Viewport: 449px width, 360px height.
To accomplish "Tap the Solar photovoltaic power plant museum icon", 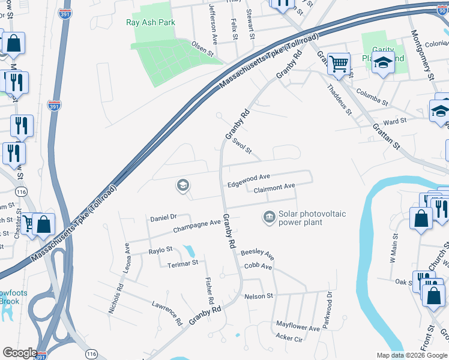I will coord(269,216).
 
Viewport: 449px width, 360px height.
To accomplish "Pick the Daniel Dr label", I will coord(163,217).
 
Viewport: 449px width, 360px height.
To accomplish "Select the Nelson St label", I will coord(259,296).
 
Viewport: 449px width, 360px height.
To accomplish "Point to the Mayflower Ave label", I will coord(298,327).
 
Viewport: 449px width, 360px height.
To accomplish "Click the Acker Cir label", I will coord(289,338).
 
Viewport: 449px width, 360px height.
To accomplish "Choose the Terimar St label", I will coord(183,263).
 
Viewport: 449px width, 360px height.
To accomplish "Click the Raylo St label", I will coord(160,249).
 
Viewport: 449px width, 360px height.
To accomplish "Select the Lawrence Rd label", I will coord(167,313).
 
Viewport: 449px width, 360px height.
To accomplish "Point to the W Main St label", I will coord(394,250).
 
